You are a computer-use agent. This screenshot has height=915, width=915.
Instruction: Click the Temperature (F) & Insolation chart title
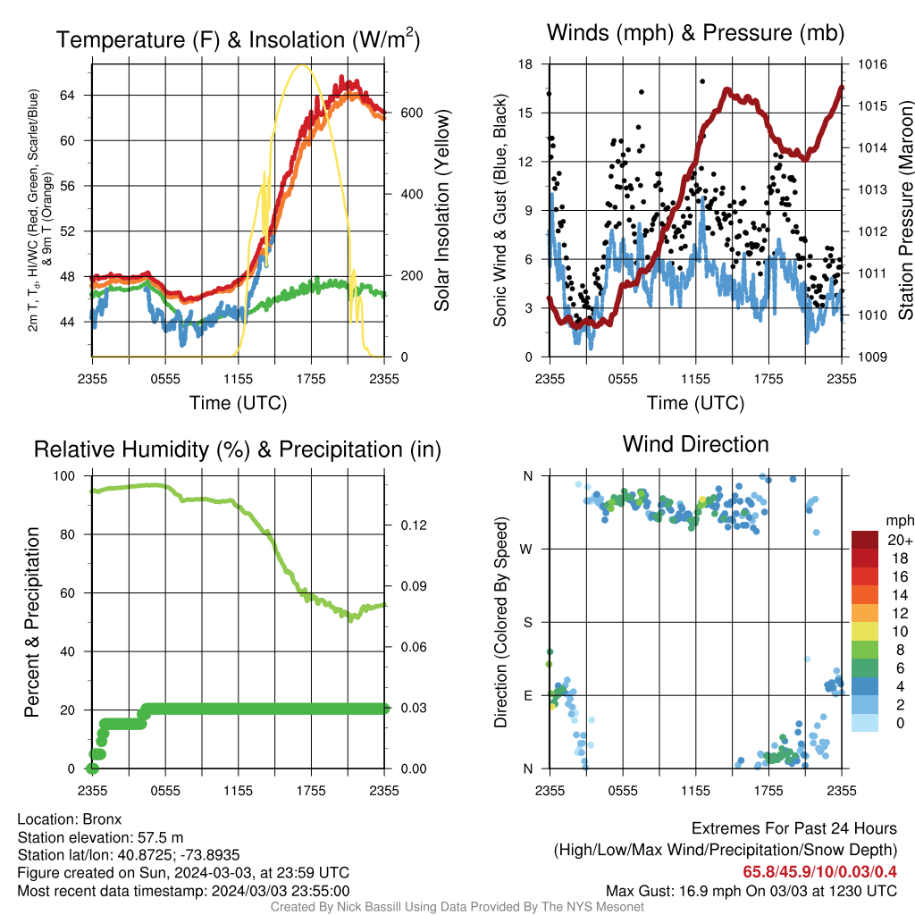pos(238,39)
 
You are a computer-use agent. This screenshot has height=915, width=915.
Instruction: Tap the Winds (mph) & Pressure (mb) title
pos(695,33)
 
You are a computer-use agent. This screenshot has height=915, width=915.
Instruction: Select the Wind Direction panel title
pos(695,444)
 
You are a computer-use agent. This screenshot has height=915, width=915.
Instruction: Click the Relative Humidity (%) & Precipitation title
pos(238,450)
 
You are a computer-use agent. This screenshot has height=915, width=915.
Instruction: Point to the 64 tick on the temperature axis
pos(67,95)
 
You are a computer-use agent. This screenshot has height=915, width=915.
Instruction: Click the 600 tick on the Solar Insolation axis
pos(411,113)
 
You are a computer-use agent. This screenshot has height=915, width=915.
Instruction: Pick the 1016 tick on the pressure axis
pos(872,64)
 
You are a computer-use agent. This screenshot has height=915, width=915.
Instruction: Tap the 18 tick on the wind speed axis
pos(525,64)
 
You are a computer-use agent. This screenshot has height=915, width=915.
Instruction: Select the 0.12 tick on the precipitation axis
pos(414,525)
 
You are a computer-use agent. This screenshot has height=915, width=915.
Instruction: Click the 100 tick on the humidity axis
pos(64,475)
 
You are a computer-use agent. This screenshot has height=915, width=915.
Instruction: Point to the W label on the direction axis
pos(526,550)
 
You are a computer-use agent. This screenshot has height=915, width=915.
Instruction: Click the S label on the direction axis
pos(527,622)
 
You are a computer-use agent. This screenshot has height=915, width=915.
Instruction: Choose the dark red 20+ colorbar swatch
pos(865,540)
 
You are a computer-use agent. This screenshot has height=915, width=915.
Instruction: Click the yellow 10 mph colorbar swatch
pos(865,632)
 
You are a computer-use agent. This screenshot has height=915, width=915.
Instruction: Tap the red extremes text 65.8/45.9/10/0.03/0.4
pos(820,872)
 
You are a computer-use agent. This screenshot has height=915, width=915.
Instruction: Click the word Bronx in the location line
pos(102,819)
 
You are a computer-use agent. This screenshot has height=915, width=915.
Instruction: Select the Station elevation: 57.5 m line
pos(100,837)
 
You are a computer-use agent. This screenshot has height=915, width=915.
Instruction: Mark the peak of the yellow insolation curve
pos(301,64)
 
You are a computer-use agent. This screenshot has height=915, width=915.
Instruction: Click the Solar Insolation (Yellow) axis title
pos(442,210)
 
